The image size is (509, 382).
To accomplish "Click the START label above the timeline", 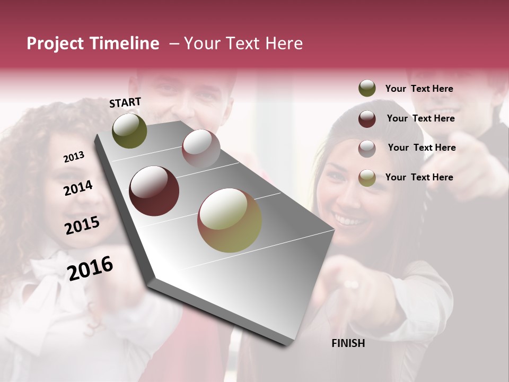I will pos(125,102).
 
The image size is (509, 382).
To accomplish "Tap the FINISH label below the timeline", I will pos(348,343).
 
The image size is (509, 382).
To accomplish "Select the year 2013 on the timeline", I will pos(74,157).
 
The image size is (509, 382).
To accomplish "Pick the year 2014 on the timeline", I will pos(78,188).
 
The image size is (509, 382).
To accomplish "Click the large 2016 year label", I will pos(90,268).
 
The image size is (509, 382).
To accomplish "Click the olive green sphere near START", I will pos(129,131).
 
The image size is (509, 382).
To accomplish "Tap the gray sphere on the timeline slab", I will pos(201,149).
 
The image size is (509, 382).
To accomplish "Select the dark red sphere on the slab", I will pos(154,191).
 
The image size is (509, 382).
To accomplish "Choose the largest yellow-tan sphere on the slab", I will pos(230,220).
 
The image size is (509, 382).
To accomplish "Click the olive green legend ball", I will pos(367,89).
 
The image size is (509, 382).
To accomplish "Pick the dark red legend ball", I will pos(367,118).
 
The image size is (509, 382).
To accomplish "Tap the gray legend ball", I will pos(367,148).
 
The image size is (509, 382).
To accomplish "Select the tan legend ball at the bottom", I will pos(367,178).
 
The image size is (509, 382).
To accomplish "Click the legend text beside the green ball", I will pos(419,89).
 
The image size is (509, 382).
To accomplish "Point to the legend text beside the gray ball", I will pos(422,147).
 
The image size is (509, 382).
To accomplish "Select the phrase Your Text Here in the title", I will pos(243,44).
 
